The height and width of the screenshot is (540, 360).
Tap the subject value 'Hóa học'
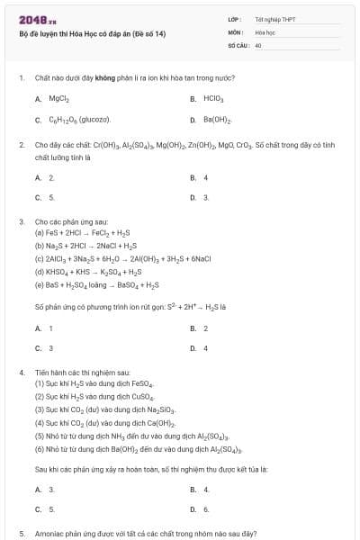[264, 31]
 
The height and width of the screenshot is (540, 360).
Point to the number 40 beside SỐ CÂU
[258, 43]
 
